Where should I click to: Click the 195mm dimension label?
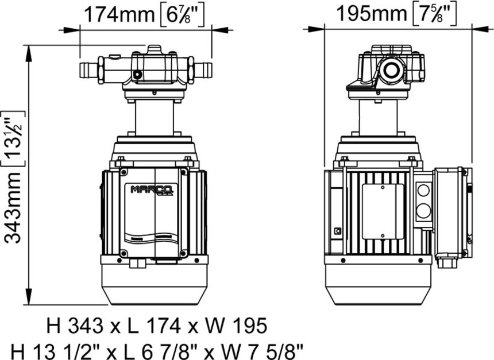click(x=372, y=14)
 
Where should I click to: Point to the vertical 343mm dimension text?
click(x=13, y=206)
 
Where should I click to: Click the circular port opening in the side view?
click(x=391, y=70)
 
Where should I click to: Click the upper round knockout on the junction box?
click(x=423, y=191)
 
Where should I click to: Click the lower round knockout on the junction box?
click(x=423, y=210)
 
